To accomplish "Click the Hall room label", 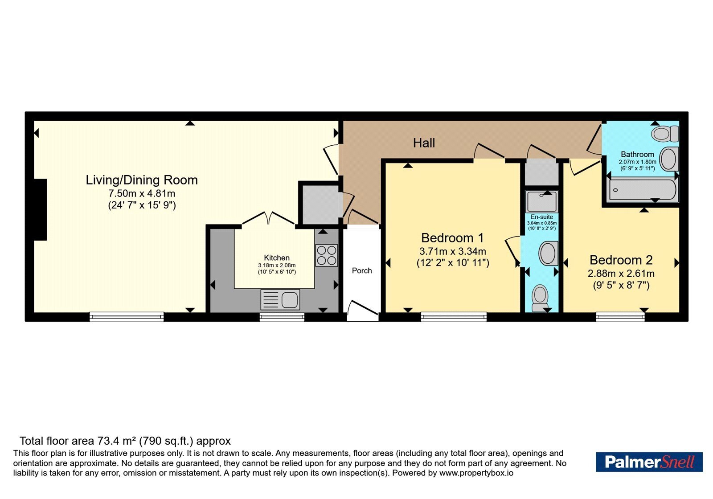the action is click(424, 143).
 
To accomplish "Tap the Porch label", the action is click(362, 270).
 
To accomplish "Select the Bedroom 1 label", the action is click(452, 238).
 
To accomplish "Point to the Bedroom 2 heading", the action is click(621, 260).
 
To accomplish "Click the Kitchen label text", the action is click(277, 258).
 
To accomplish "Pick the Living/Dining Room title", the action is click(142, 180).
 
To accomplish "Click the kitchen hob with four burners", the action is click(327, 255).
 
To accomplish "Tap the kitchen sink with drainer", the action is click(280, 299).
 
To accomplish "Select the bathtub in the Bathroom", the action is click(642, 190).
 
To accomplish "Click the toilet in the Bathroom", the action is click(665, 133).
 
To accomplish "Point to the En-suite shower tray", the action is click(541, 201).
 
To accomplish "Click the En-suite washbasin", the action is click(549, 254).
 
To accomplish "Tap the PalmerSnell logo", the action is click(649, 462).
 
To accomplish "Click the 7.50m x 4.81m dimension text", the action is click(142, 193).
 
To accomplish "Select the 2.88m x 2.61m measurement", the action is click(621, 274).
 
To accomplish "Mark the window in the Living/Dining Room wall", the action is click(127, 317).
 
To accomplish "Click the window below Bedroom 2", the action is click(620, 317).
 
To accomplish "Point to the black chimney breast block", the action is click(41, 209).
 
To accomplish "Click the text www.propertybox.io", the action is click(476, 473).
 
